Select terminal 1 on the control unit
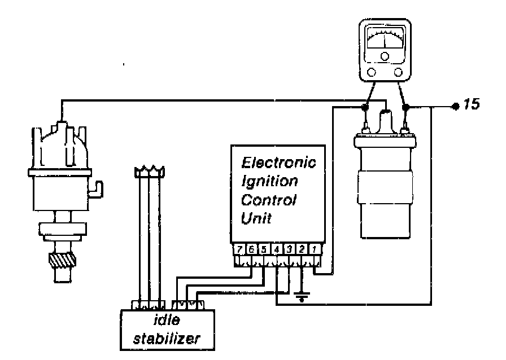click(x=315, y=248)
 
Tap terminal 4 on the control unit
click(x=277, y=248)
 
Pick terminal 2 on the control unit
click(x=302, y=248)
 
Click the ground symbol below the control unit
click(x=302, y=297)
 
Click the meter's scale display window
click(x=385, y=42)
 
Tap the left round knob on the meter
click(x=370, y=72)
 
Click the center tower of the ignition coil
click(x=386, y=121)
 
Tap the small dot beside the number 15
click(x=455, y=106)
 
